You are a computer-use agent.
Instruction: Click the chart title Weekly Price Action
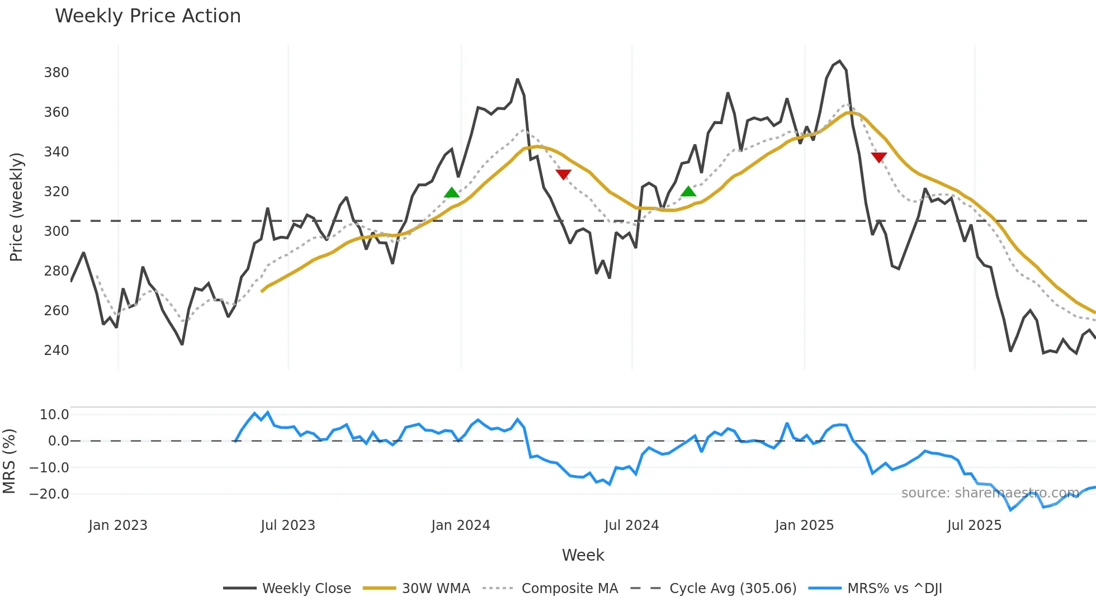[148, 16]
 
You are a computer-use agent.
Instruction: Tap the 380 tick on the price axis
[56, 73]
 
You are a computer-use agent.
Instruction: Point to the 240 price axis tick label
[56, 350]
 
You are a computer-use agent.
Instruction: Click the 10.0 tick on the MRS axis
[54, 415]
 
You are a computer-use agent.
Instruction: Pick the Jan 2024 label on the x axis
[461, 525]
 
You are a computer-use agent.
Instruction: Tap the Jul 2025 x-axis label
[974, 525]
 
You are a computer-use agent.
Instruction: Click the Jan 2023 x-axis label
[118, 525]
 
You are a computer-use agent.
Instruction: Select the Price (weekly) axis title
[17, 207]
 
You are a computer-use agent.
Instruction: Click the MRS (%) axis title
[9, 461]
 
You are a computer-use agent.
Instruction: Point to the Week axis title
[583, 555]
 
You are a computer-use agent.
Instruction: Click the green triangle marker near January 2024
[452, 193]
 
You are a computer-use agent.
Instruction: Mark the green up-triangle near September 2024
[688, 192]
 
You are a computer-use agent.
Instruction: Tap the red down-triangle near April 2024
[563, 174]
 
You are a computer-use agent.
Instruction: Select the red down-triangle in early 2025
[879, 158]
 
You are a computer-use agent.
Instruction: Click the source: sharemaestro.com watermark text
[990, 493]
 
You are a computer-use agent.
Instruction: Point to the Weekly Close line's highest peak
[839, 61]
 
